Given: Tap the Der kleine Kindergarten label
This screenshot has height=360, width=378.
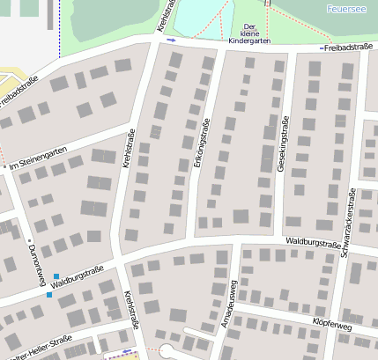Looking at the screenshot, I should click(248, 33).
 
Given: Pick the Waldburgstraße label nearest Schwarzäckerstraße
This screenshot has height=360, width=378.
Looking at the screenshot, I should click(313, 242).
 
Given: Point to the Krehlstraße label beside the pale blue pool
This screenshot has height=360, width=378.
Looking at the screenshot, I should click(165, 16).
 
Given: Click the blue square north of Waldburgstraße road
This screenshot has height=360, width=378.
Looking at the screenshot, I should click(56, 276).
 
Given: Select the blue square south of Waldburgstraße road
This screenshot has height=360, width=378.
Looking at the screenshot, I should click(49, 295).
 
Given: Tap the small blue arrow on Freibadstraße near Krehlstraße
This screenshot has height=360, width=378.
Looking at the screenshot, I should click(172, 40).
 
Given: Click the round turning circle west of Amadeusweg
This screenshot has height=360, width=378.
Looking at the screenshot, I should click(167, 351).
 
